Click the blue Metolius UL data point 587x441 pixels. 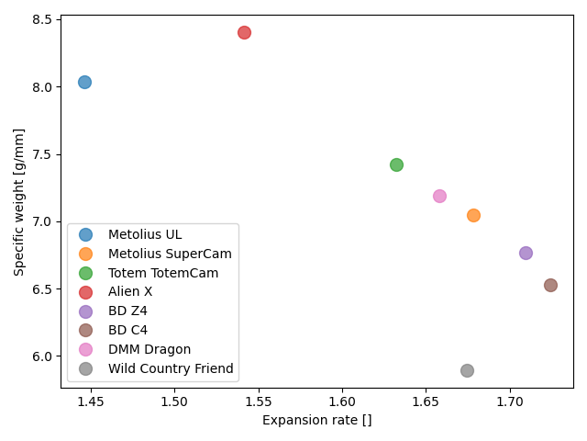[84, 82]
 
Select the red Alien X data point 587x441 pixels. [244, 32]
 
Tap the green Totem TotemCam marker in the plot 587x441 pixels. [396, 164]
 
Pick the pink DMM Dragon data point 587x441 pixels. [439, 196]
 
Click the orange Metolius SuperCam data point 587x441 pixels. [473, 215]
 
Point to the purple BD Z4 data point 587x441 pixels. [526, 253]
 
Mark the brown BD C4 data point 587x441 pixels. [550, 285]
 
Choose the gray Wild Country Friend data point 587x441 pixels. [467, 370]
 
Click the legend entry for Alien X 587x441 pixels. [129, 291]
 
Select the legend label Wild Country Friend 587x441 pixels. [171, 368]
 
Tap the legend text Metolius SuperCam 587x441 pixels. [170, 253]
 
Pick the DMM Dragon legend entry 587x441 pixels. [149, 349]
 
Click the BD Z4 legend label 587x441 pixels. [127, 311]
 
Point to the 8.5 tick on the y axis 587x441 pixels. [42, 19]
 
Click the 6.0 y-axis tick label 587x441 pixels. [42, 356]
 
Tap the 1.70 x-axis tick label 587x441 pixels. [509, 401]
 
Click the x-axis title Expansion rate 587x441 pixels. [316, 421]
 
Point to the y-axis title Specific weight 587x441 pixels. [18, 201]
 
